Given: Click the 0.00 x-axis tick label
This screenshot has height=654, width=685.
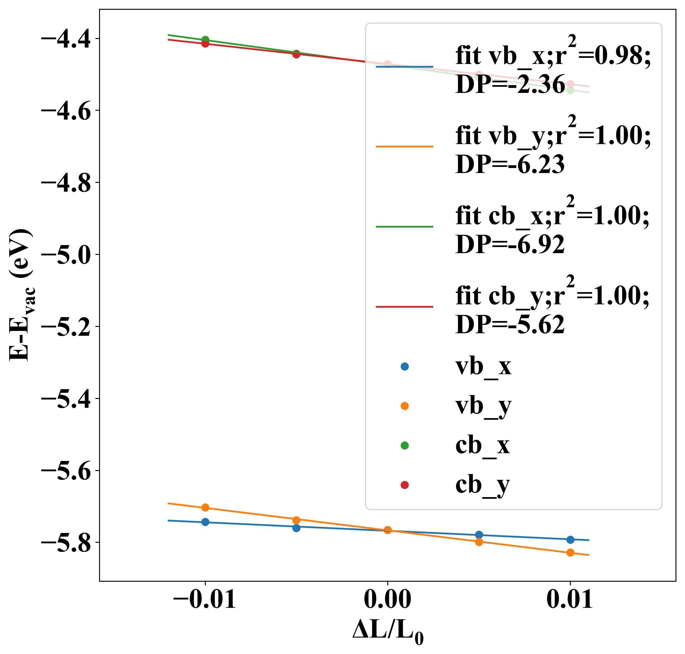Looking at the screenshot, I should [x=387, y=600].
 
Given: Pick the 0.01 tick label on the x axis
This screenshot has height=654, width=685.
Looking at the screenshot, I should [x=569, y=600].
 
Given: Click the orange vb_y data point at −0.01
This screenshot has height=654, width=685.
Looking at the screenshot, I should [x=205, y=508].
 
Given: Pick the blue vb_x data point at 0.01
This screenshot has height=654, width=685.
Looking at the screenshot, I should [x=570, y=540].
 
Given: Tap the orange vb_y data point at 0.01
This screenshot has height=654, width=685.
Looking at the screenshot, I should [x=570, y=552].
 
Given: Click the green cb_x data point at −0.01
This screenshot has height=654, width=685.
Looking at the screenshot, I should [x=205, y=40].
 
